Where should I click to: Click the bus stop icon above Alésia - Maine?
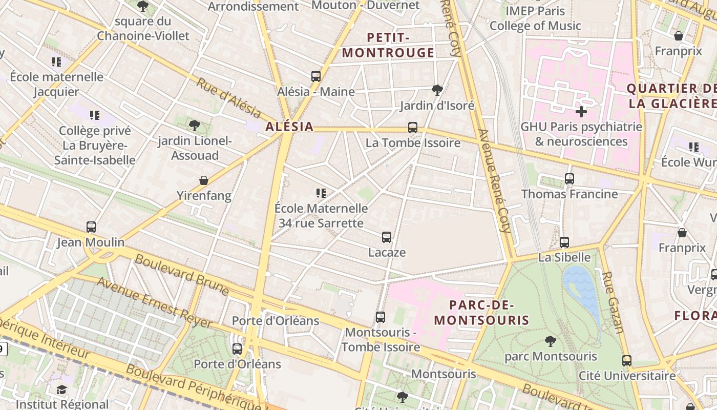tap(316, 76)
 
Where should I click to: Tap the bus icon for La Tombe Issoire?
tap(413, 128)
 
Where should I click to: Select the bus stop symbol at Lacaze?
tap(387, 237)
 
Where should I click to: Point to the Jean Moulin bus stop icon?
tap(91, 227)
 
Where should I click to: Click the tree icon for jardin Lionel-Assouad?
tap(195, 125)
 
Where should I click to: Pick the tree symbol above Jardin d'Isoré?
tap(437, 90)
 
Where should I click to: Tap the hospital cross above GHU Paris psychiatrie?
tap(581, 111)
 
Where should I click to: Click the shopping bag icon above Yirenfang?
tap(204, 180)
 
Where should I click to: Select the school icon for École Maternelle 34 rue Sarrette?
tap(321, 193)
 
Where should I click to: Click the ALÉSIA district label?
tap(289, 127)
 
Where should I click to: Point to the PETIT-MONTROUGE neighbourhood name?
tap(388, 45)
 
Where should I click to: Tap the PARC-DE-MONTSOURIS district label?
tap(481, 313)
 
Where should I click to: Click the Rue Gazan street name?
tap(612, 302)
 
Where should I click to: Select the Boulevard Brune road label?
tap(182, 274)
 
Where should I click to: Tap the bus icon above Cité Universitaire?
tap(627, 361)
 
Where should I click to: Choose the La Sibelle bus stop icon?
tap(564, 242)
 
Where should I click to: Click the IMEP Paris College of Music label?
tap(535, 18)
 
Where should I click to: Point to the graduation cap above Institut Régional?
tap(62, 389)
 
